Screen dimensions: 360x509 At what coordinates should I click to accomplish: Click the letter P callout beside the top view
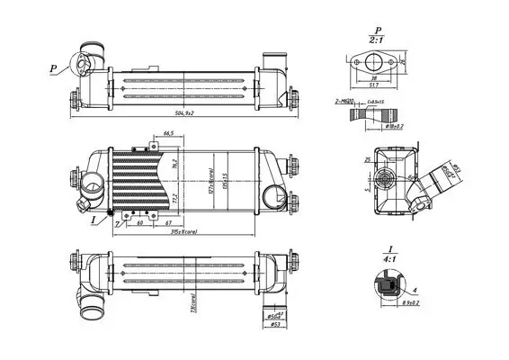click(x=53, y=66)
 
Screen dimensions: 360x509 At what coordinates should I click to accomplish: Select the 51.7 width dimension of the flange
click(x=373, y=85)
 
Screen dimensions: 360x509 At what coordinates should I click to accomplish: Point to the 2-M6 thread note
click(x=347, y=103)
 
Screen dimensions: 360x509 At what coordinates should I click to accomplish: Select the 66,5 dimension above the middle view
click(x=167, y=133)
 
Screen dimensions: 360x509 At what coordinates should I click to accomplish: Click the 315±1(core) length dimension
click(x=185, y=232)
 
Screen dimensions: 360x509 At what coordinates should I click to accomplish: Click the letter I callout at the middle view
click(x=94, y=218)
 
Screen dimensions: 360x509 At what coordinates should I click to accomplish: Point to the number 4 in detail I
click(x=415, y=291)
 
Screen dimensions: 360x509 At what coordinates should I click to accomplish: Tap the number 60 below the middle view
click(x=140, y=224)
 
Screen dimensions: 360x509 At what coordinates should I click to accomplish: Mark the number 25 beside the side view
click(x=368, y=160)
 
